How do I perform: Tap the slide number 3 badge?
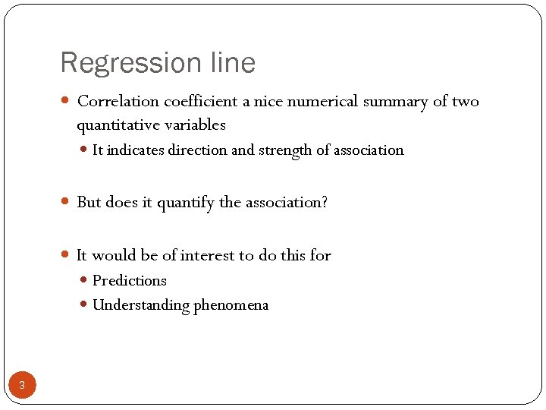point(22,386)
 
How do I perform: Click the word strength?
point(286,150)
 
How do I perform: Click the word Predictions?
point(130,281)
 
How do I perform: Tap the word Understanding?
point(140,305)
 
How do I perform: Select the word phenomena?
point(231,305)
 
